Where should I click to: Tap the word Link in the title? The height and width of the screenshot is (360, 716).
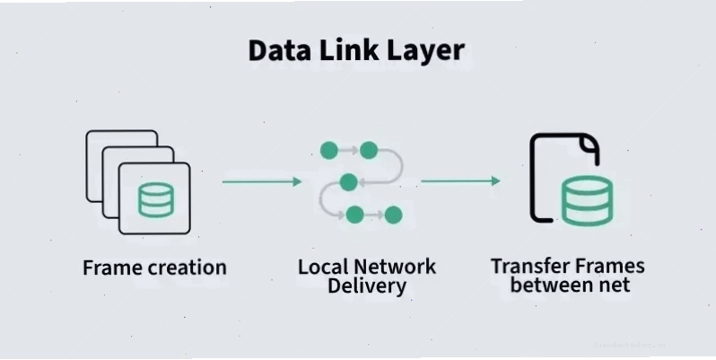pos(349,49)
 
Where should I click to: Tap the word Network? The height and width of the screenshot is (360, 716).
pos(395,267)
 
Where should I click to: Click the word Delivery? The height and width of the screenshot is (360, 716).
pos(367,286)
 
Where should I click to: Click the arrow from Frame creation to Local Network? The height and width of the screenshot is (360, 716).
pos(262,182)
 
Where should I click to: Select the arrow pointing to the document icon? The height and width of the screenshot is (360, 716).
pos(461,181)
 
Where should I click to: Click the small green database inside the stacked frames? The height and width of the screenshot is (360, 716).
pos(156,199)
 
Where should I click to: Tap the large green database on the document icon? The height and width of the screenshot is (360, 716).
pos(587,201)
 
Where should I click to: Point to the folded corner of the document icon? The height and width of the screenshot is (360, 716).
pos(589,144)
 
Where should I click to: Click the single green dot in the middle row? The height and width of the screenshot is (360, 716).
pos(348,182)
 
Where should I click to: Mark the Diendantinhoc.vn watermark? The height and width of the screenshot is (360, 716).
pos(630,345)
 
